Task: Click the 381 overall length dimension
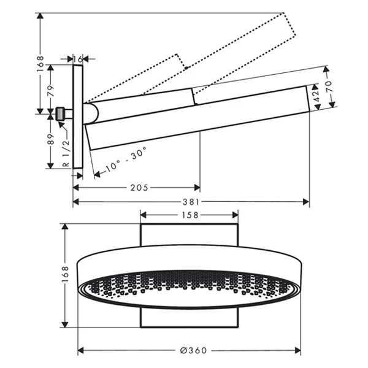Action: [x=190, y=201]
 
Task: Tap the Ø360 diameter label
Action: [x=193, y=351]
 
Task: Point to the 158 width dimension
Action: [x=190, y=215]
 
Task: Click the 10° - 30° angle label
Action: [x=123, y=158]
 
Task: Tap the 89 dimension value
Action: [x=52, y=140]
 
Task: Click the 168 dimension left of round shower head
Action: [x=65, y=276]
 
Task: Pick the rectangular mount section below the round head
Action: [x=189, y=317]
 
